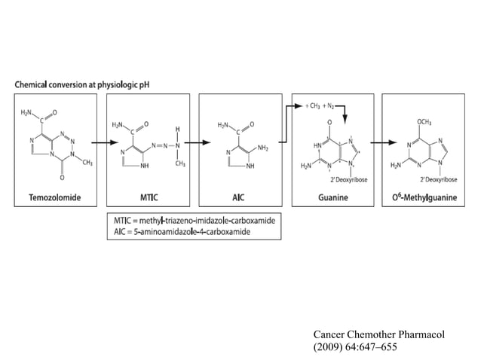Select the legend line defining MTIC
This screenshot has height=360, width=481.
click(194, 220)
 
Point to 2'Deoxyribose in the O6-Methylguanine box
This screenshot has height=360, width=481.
click(440, 179)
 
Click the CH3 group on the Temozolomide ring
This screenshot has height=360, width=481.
click(87, 162)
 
